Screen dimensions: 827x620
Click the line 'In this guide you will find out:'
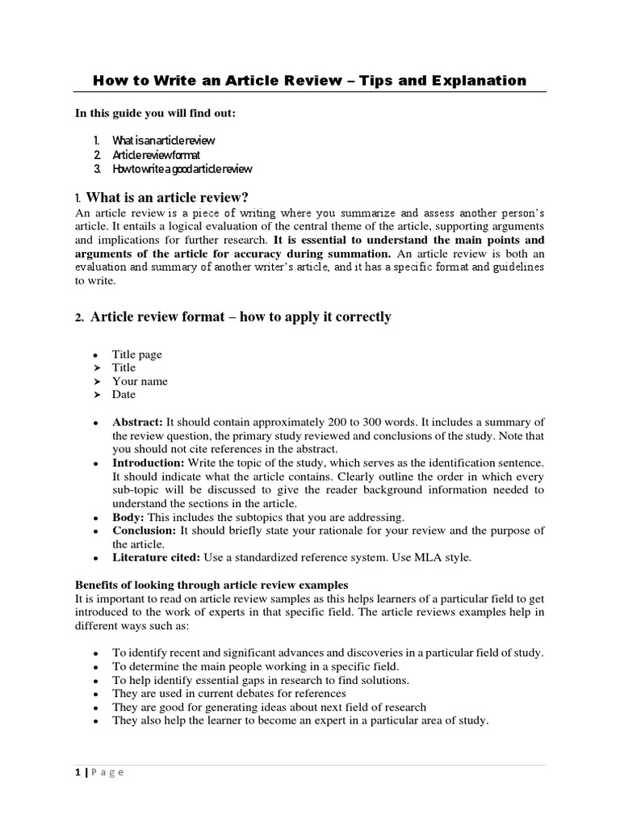click(155, 113)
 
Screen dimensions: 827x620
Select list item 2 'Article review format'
click(157, 154)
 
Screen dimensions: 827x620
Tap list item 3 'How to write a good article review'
click(182, 169)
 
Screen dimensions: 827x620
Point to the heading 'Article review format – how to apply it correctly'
click(241, 317)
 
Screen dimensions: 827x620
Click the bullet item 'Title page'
click(136, 354)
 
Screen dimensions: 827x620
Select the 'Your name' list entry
click(140, 381)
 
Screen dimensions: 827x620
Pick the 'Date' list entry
click(124, 395)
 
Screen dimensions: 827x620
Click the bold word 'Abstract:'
click(137, 422)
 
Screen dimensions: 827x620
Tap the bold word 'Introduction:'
click(149, 462)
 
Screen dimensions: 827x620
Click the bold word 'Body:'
click(128, 516)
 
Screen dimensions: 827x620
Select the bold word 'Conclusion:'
click(144, 530)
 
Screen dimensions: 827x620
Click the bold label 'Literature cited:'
click(156, 557)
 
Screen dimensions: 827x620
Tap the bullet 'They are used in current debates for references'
click(229, 693)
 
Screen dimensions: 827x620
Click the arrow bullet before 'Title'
click(95, 367)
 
